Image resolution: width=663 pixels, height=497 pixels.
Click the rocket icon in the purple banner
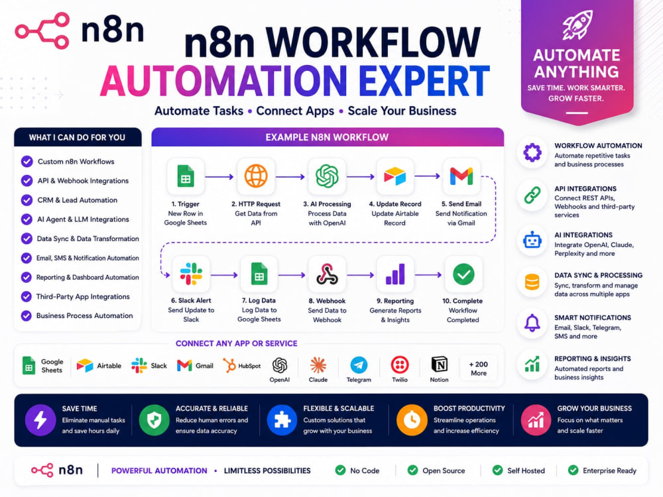point(577,25)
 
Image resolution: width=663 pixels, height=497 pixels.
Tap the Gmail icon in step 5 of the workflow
point(461,176)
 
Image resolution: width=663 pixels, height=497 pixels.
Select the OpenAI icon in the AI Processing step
point(327,176)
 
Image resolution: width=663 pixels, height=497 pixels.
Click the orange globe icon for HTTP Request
point(256,176)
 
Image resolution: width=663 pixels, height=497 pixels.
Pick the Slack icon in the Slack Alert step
point(191,274)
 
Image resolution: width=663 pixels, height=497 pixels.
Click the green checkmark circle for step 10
point(463,274)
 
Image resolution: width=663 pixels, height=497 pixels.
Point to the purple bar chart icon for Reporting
point(395,274)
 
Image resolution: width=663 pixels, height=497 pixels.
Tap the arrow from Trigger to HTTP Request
point(219,177)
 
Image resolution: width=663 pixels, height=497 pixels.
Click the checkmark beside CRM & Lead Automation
point(27,200)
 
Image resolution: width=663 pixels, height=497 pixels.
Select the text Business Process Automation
point(85,315)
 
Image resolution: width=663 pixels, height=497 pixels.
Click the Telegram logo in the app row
point(359,365)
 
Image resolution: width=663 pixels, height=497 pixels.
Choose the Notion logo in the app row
point(440,364)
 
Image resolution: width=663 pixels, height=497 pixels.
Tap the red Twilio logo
point(400,364)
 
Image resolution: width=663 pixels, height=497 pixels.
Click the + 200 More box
point(479,368)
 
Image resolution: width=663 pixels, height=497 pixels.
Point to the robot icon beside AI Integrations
point(532,241)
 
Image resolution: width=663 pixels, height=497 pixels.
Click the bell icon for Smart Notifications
point(532,323)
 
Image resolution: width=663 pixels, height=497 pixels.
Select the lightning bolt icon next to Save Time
point(40,420)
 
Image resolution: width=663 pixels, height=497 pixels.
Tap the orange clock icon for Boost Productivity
point(412,420)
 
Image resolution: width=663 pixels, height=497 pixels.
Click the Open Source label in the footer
point(444,470)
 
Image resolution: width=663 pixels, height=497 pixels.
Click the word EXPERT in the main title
point(424,81)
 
